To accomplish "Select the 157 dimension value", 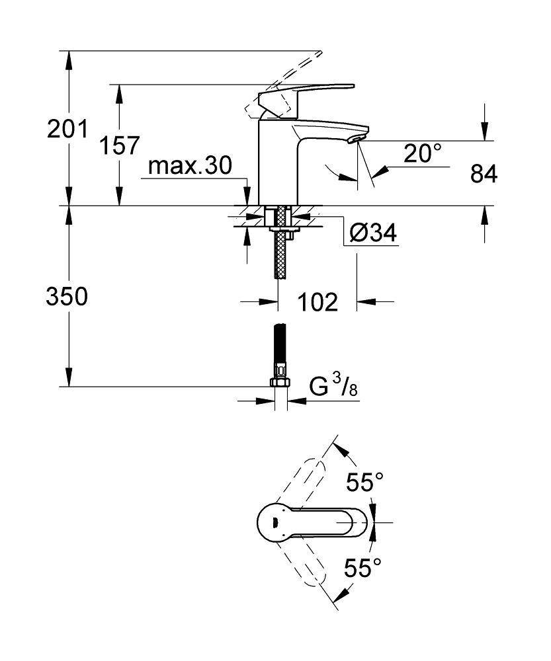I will tap(119, 145).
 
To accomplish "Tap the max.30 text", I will tap(190, 166).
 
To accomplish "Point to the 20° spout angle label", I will tap(422, 153).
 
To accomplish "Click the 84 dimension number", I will tap(484, 174).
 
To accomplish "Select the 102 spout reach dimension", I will tap(318, 302).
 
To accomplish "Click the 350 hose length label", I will tap(66, 297).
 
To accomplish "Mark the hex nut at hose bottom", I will tap(280, 383).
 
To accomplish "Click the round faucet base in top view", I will tap(273, 522).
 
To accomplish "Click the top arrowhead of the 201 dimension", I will tap(68, 57).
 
